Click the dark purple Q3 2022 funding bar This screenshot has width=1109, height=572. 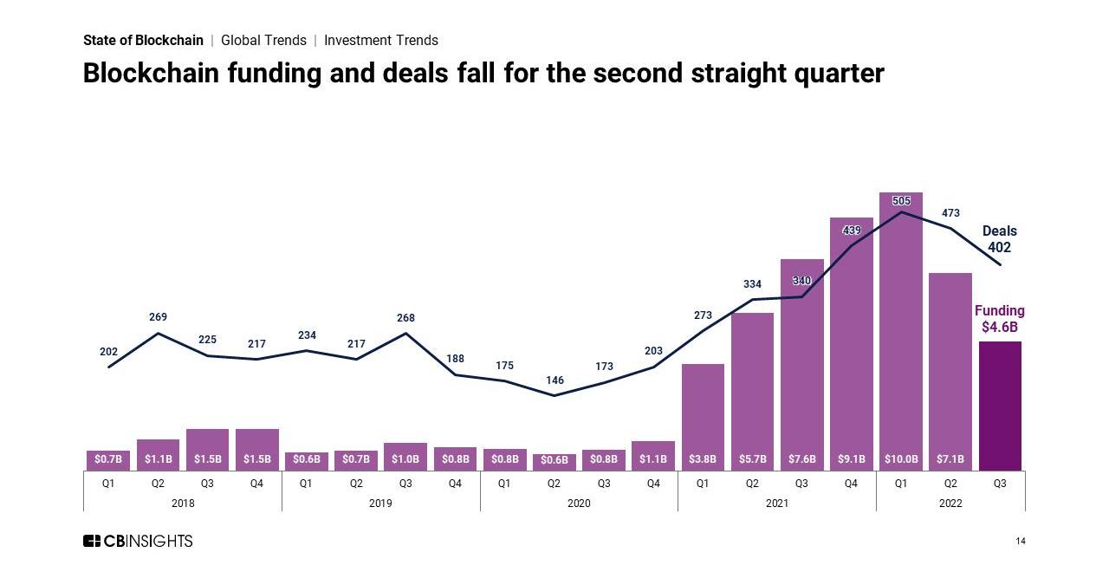1000,406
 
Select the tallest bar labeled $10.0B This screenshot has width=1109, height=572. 901,329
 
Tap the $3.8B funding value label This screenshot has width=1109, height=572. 702,459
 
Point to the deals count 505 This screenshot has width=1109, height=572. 901,201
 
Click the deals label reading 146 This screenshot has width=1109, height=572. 554,380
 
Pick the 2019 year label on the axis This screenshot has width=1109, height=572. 380,504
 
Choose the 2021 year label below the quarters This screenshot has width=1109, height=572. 776,504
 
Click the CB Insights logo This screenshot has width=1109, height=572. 138,541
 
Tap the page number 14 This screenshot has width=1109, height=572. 1020,542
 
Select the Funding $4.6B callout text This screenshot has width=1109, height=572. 999,319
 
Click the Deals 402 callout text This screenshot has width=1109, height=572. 999,239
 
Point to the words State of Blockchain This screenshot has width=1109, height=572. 143,40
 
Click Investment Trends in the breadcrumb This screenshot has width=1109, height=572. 381,40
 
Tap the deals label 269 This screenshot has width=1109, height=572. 158,317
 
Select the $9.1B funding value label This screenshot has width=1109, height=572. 851,459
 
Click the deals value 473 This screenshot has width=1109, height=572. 950,213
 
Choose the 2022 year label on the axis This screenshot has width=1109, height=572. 950,504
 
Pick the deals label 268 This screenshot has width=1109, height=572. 405,318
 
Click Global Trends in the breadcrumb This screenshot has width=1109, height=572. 263,40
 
